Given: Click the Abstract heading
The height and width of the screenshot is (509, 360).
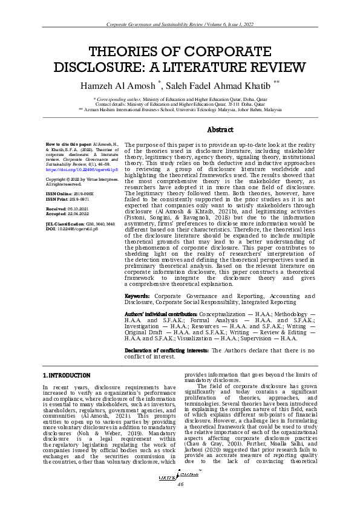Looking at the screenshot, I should pyautogui.click(x=220, y=130).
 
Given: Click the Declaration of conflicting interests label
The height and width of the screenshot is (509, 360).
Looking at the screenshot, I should pyautogui.click(x=159, y=350).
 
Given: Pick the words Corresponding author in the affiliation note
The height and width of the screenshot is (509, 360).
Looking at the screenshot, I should pyautogui.click(x=117, y=98).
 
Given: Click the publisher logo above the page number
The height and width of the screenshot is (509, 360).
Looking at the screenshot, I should pyautogui.click(x=180, y=477).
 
